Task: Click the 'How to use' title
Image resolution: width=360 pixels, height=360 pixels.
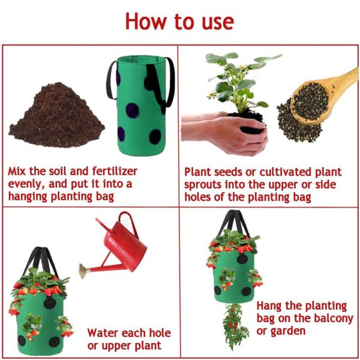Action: (x=179, y=21)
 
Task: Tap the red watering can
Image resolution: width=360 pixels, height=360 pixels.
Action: (x=126, y=246)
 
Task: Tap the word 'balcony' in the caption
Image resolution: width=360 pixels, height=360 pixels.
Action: (x=329, y=319)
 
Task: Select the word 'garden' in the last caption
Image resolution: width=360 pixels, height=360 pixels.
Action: (x=287, y=331)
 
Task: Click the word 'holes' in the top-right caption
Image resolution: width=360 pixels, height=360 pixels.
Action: (x=200, y=197)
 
